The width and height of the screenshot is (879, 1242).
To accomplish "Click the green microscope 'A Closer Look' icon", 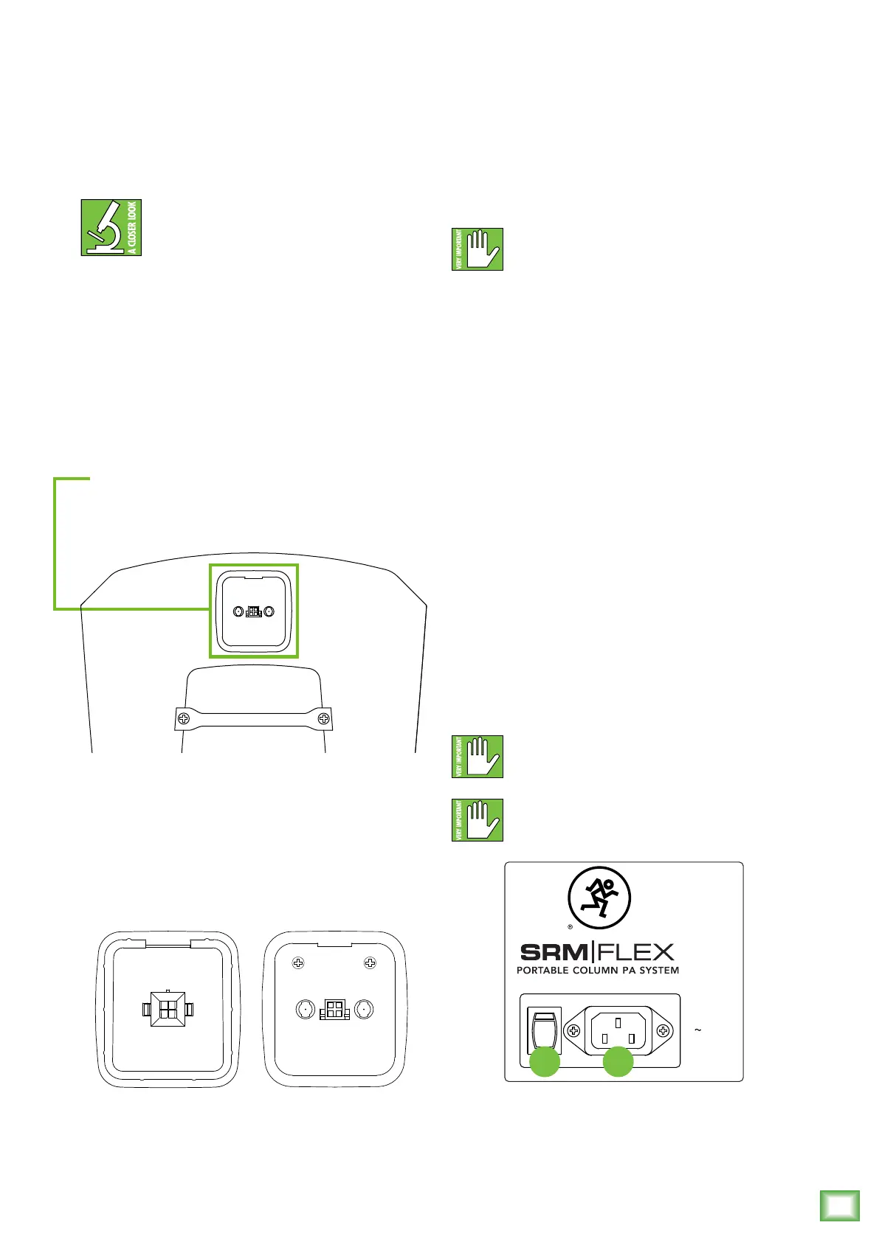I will pos(111,228).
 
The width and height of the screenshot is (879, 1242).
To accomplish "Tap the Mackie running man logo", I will pos(599,898).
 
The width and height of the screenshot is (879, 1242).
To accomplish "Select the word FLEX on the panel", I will pos(635,951).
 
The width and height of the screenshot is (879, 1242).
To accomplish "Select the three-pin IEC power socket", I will pos(618,1030).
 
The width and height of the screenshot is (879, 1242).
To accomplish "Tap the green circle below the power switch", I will pos(545,1063).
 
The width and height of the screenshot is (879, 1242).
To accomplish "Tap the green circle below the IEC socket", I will pos(618,1063).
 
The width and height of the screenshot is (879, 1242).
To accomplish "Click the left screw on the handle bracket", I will pos(185,718).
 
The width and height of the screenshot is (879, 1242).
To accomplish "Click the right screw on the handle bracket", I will pos(323,718).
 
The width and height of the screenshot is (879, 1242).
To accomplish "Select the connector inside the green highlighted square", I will pos(254,611).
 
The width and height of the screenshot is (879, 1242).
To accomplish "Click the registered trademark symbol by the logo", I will pos(571,927).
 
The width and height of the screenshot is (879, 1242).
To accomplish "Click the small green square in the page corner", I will pos(840,1206).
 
